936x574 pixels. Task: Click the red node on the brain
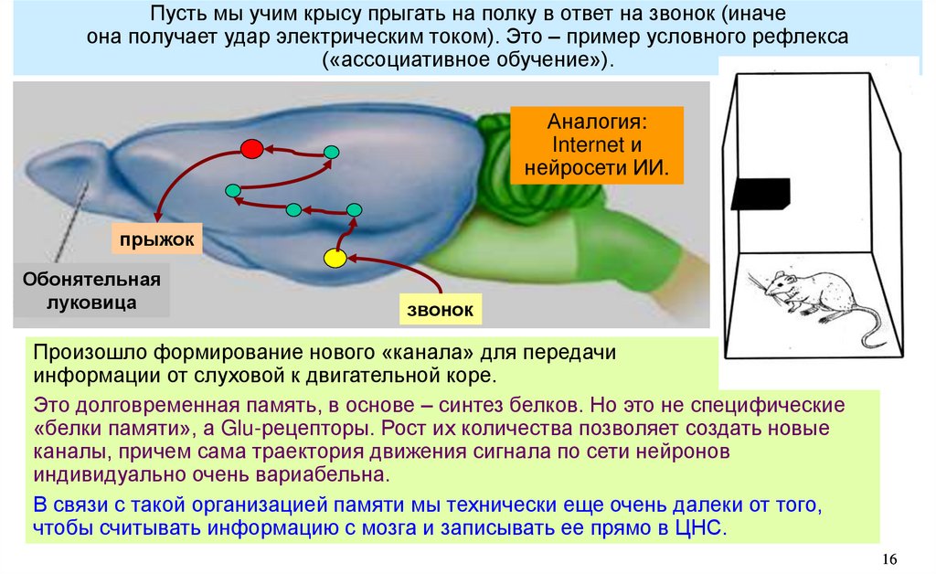pos(251,148)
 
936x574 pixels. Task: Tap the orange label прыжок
pos(154,239)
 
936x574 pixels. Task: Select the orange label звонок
pos(440,309)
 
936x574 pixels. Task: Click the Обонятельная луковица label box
pos(91,291)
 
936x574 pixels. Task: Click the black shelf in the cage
pos(760,193)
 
